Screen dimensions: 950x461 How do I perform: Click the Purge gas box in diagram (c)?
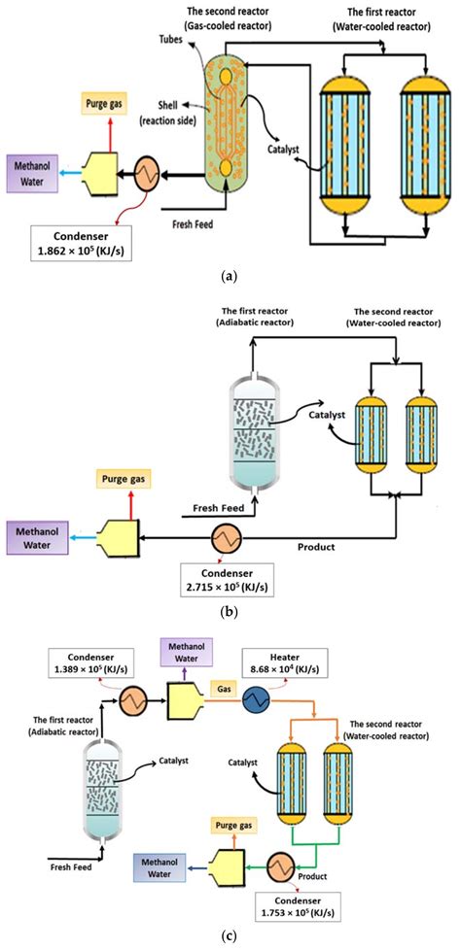234,828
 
